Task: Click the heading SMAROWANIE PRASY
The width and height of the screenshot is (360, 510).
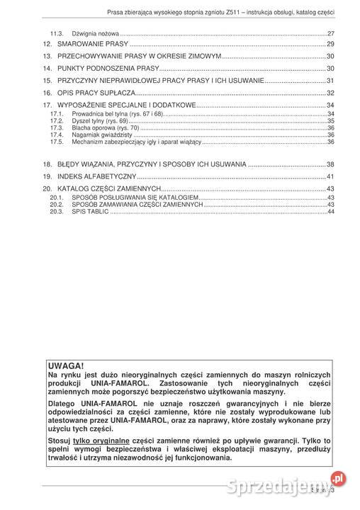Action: pyautogui.click(x=86, y=44)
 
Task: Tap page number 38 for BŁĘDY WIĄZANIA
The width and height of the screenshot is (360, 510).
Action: pyautogui.click(x=330, y=164)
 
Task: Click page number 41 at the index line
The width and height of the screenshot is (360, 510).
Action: pyautogui.click(x=330, y=176)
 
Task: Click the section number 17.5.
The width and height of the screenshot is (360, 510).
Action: pyautogui.click(x=57, y=142)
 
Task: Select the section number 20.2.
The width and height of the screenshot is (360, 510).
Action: pyautogui.click(x=57, y=205)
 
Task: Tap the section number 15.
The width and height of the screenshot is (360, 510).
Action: pyautogui.click(x=47, y=81)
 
